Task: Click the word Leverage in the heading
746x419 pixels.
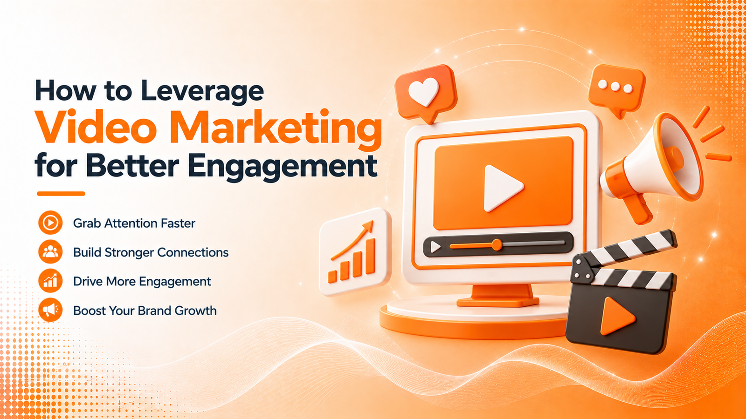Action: (202, 90)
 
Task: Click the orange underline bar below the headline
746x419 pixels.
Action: (61, 194)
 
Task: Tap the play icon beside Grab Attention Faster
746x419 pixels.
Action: (50, 223)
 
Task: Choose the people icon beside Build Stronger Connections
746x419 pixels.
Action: (50, 252)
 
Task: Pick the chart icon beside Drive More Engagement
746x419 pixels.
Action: (50, 281)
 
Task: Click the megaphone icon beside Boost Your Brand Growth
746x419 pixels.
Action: (50, 310)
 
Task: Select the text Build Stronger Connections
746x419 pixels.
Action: (151, 252)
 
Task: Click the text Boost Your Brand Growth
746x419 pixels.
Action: (145, 311)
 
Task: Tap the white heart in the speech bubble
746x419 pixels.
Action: (423, 92)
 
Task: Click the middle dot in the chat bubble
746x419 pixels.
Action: (615, 87)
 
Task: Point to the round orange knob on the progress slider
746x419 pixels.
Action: (497, 245)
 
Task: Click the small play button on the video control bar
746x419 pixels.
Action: (435, 247)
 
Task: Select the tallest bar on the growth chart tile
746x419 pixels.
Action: (370, 257)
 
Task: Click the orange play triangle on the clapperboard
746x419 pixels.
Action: (616, 316)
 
